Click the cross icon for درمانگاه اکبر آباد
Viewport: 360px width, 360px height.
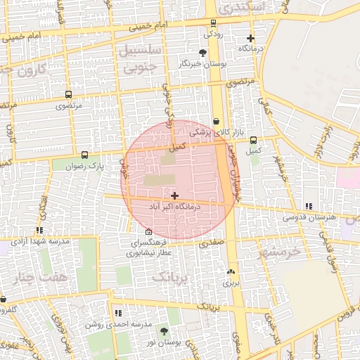click(x=174, y=195)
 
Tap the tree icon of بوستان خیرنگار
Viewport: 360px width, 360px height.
click(x=203, y=53)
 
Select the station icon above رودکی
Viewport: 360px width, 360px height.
click(x=213, y=22)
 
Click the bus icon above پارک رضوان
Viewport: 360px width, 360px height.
click(x=85, y=155)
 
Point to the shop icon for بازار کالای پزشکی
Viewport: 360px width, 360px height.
click(x=215, y=121)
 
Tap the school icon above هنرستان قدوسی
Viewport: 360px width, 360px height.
click(x=309, y=206)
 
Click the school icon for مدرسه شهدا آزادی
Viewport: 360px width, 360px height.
click(x=39, y=230)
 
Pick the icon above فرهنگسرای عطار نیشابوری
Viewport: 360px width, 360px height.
click(x=148, y=232)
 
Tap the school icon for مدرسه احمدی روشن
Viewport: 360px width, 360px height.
click(x=118, y=313)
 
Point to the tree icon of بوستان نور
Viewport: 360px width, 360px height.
click(x=164, y=331)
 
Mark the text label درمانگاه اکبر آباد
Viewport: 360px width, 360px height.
click(x=175, y=207)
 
